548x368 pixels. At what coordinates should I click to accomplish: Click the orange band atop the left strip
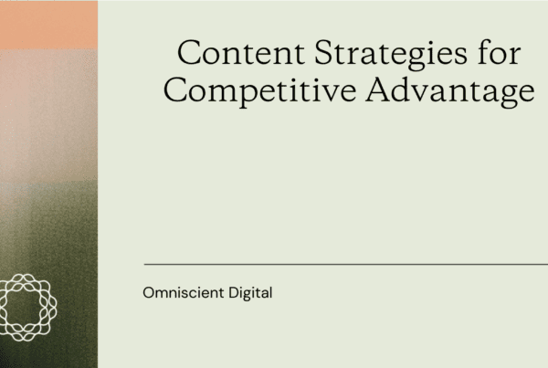(x=48, y=24)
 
